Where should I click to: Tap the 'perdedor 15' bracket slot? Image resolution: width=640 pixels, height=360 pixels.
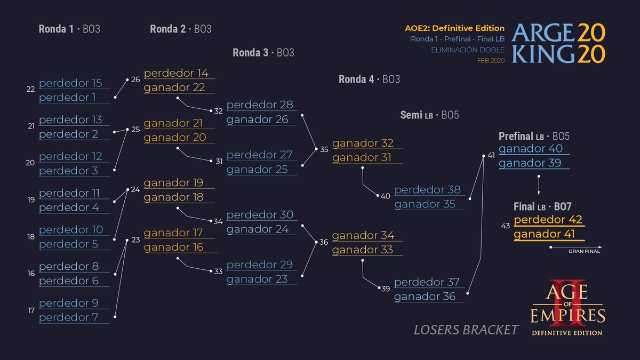70,83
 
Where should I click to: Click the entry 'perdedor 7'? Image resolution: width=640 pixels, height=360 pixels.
69,317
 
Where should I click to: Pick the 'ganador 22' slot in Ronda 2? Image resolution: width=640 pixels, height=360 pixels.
174,87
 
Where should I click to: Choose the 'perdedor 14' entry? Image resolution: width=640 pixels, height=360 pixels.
176,73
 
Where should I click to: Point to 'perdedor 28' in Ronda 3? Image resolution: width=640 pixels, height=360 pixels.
260,105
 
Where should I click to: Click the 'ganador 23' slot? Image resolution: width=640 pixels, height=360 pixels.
257,279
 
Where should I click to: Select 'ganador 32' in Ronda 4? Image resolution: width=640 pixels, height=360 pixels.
363,143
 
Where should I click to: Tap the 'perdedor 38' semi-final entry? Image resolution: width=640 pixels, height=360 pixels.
427,190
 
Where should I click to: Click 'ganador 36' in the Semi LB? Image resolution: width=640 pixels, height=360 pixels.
425,297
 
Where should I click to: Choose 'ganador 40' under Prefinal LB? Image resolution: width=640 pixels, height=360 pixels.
531,149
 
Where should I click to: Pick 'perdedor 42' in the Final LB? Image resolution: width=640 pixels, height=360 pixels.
548,220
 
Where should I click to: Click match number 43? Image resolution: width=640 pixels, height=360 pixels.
506,226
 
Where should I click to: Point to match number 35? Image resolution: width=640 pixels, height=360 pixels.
324,149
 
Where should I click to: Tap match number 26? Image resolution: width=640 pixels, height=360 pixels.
135,79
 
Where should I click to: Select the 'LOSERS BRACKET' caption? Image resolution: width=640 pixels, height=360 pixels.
466,330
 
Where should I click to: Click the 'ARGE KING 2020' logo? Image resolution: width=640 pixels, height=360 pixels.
558,44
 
